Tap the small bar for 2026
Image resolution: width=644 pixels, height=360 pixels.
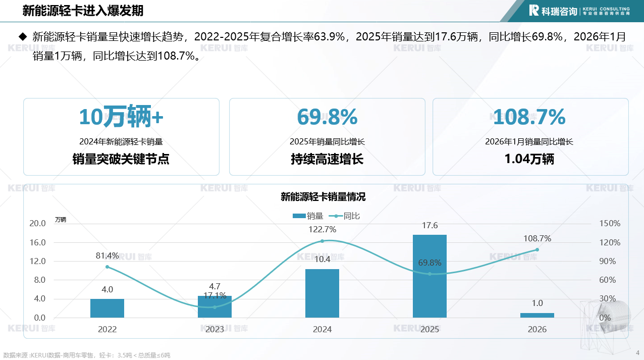coord(537,315)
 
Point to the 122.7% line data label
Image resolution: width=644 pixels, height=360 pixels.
coord(323,229)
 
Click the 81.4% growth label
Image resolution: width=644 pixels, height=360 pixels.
coord(107,255)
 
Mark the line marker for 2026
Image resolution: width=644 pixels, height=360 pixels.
coord(537,249)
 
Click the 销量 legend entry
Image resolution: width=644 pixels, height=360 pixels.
coord(308,216)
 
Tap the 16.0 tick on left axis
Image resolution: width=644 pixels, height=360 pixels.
coord(38,242)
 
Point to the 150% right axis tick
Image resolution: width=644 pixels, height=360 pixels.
coord(610,223)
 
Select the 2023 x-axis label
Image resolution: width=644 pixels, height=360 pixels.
coord(214,329)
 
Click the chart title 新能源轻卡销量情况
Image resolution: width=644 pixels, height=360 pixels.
coord(323,197)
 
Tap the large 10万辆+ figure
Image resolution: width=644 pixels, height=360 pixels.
coord(121,117)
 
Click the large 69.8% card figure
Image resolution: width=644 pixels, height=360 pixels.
coord(327,117)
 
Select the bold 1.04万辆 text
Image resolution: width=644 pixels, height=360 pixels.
coord(529,159)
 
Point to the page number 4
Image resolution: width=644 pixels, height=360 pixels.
coord(637,352)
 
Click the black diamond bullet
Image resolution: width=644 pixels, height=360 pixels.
coord(22,36)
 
